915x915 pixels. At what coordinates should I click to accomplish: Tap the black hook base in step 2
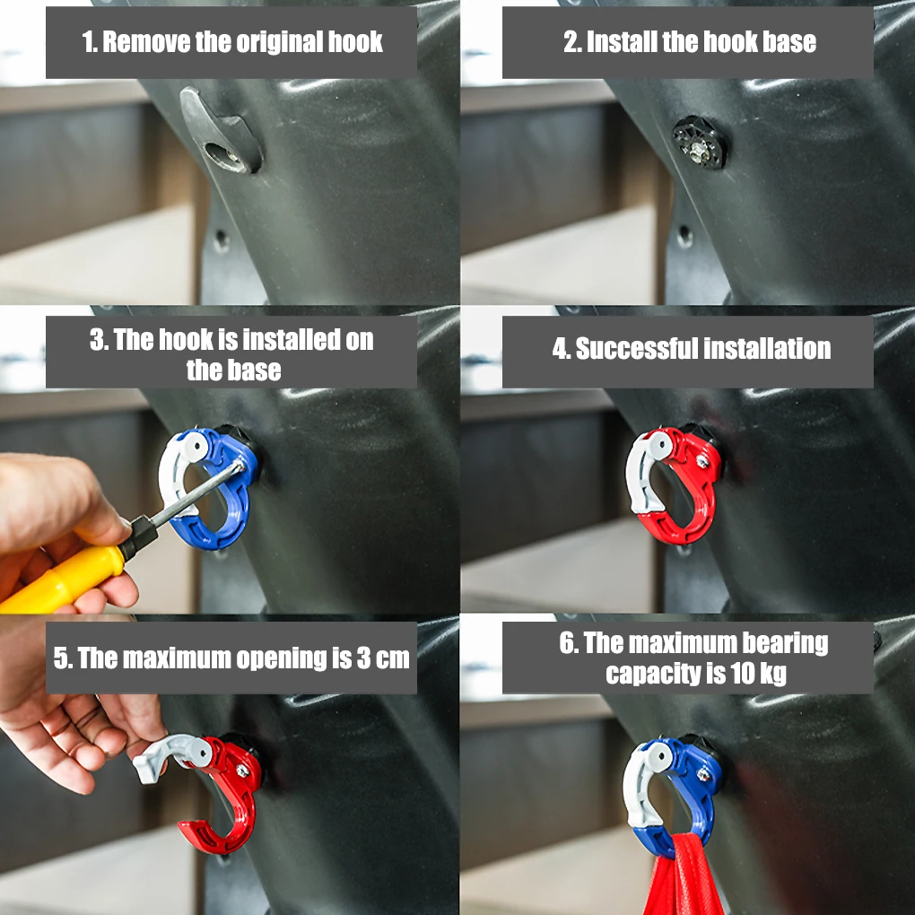pyautogui.click(x=699, y=142)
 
